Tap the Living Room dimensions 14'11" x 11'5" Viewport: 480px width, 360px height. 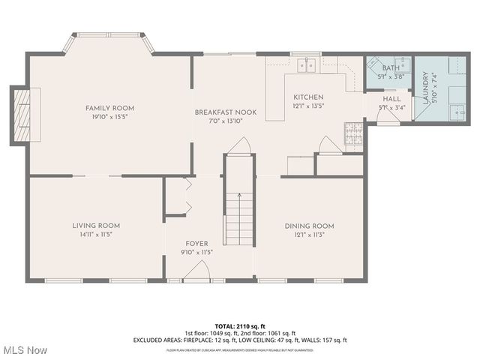(96, 234)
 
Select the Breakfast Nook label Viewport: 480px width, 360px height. (226, 112)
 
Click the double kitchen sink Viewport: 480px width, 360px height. (306, 65)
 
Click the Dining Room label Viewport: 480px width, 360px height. (309, 226)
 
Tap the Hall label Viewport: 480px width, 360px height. (391, 98)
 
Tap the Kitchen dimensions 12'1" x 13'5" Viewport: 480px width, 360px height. (308, 106)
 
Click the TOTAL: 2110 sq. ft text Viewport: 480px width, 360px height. (240, 325)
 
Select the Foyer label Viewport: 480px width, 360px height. (196, 243)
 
